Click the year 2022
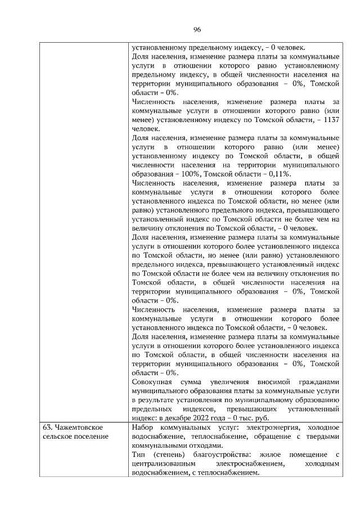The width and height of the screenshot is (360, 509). pos(209,417)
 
